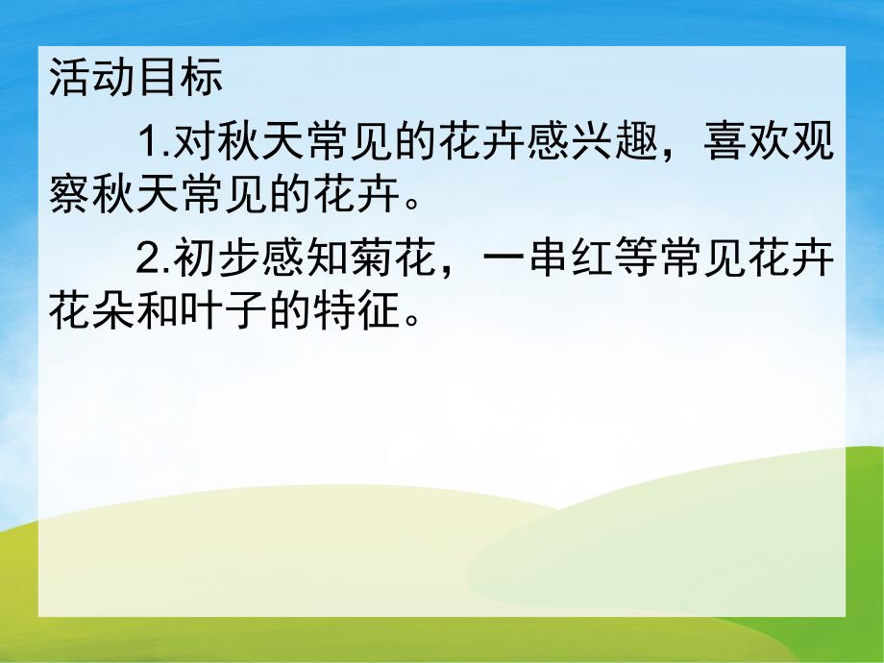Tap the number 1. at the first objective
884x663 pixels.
[x=154, y=145]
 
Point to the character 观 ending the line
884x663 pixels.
[x=814, y=145]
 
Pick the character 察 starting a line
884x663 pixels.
[x=68, y=196]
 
